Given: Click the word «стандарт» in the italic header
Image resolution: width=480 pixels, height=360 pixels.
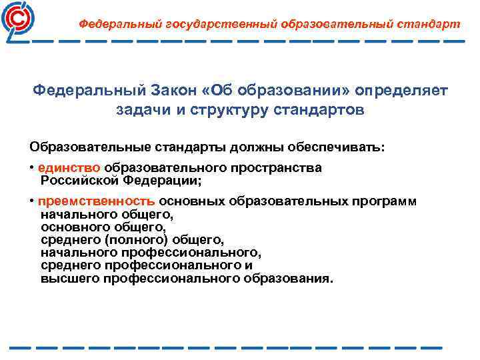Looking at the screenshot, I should [428, 24].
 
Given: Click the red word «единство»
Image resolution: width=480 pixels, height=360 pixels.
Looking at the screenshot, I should [69, 167].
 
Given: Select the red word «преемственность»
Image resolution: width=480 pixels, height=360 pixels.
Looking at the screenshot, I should [97, 202].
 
